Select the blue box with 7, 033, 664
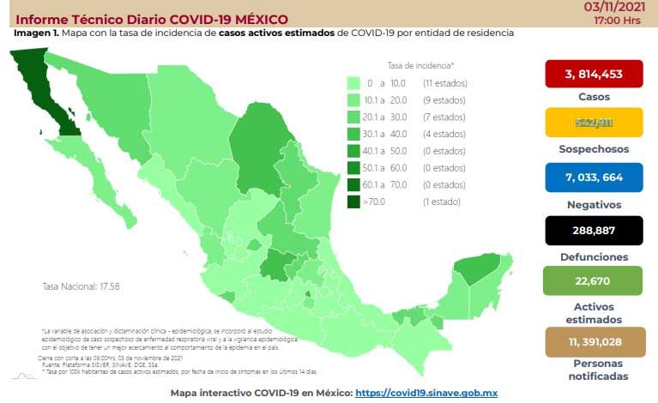pos(593,177)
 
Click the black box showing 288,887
pos(593,232)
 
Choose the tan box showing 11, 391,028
pos(593,341)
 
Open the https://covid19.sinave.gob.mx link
pos(426,391)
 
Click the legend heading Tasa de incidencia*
pos(420,65)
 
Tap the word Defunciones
pos(593,256)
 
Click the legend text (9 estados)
pos(443,100)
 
